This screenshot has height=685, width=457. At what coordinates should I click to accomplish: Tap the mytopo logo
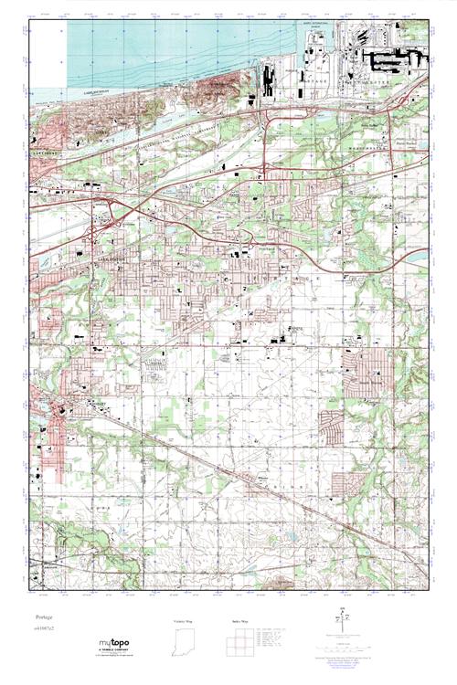(113, 643)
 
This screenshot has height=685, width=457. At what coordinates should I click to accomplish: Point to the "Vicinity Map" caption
(184, 621)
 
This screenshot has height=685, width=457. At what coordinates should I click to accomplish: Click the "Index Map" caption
(235, 621)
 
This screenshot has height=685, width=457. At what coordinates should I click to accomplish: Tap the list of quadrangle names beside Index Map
(275, 637)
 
